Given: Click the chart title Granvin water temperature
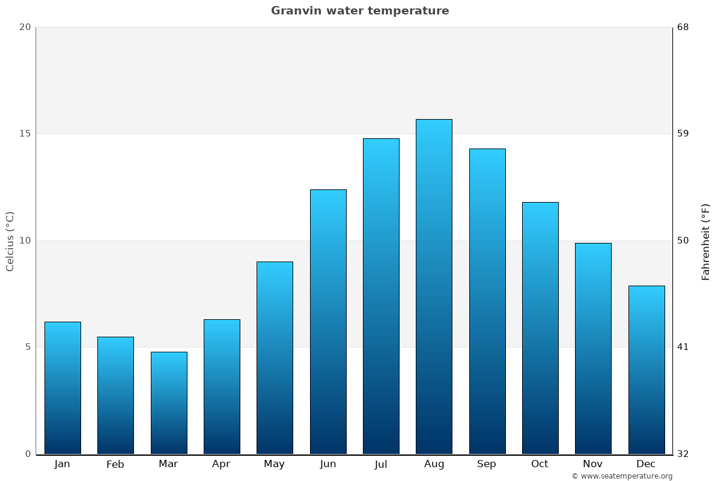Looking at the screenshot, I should coord(360,11).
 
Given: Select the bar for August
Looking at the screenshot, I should coord(434,287).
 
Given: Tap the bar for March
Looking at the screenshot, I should coord(169,403).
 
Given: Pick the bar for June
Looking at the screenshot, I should coord(328,322).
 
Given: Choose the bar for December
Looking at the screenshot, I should coord(646,370).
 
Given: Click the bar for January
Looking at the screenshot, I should coord(62,388).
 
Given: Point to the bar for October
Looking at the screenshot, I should coord(540,328).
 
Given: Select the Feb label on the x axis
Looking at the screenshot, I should coord(115,464).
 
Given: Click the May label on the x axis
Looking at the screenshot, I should coord(275,464).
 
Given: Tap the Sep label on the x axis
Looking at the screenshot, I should coord(487,464).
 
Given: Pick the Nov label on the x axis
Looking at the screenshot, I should coord(592,464).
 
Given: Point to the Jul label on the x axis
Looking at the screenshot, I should coord(381,464).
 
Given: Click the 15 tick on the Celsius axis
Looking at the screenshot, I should coord(25,133).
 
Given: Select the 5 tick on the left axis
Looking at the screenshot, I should coord(28,347).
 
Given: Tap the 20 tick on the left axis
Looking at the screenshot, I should coord(25,27).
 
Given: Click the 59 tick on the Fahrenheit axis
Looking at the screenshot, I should coord(683,133).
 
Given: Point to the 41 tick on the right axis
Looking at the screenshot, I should coord(683,347).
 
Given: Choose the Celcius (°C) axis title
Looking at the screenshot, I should coord(10,241).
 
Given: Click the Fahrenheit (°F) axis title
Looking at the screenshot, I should coord(706,242).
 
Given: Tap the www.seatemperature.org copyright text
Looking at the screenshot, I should coord(622,476).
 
